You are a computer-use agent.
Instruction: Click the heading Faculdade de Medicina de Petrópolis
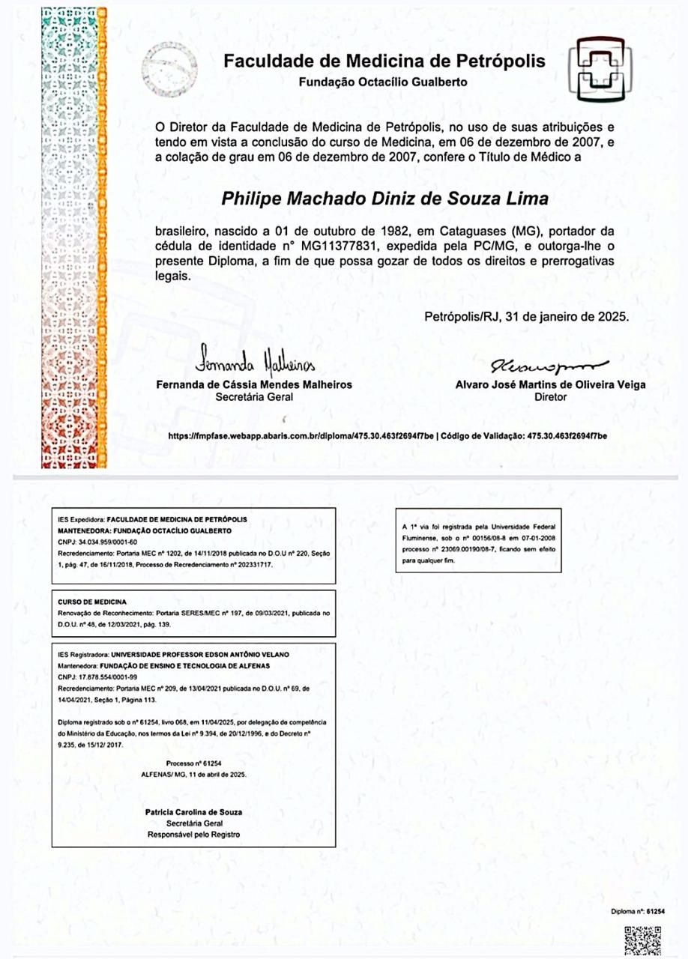tap(384, 61)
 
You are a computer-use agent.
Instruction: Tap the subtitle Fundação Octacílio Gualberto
tap(383, 82)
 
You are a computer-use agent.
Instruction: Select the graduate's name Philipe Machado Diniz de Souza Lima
tap(385, 199)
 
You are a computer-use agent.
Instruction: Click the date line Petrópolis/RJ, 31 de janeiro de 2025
tap(526, 317)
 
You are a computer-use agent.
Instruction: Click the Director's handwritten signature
tap(549, 366)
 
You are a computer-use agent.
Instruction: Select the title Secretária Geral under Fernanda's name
tap(254, 397)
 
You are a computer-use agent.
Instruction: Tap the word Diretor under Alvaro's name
tap(550, 397)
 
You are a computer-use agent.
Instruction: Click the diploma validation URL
tap(301, 435)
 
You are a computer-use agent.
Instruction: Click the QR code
tap(643, 939)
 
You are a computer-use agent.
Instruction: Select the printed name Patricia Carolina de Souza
tap(193, 812)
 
